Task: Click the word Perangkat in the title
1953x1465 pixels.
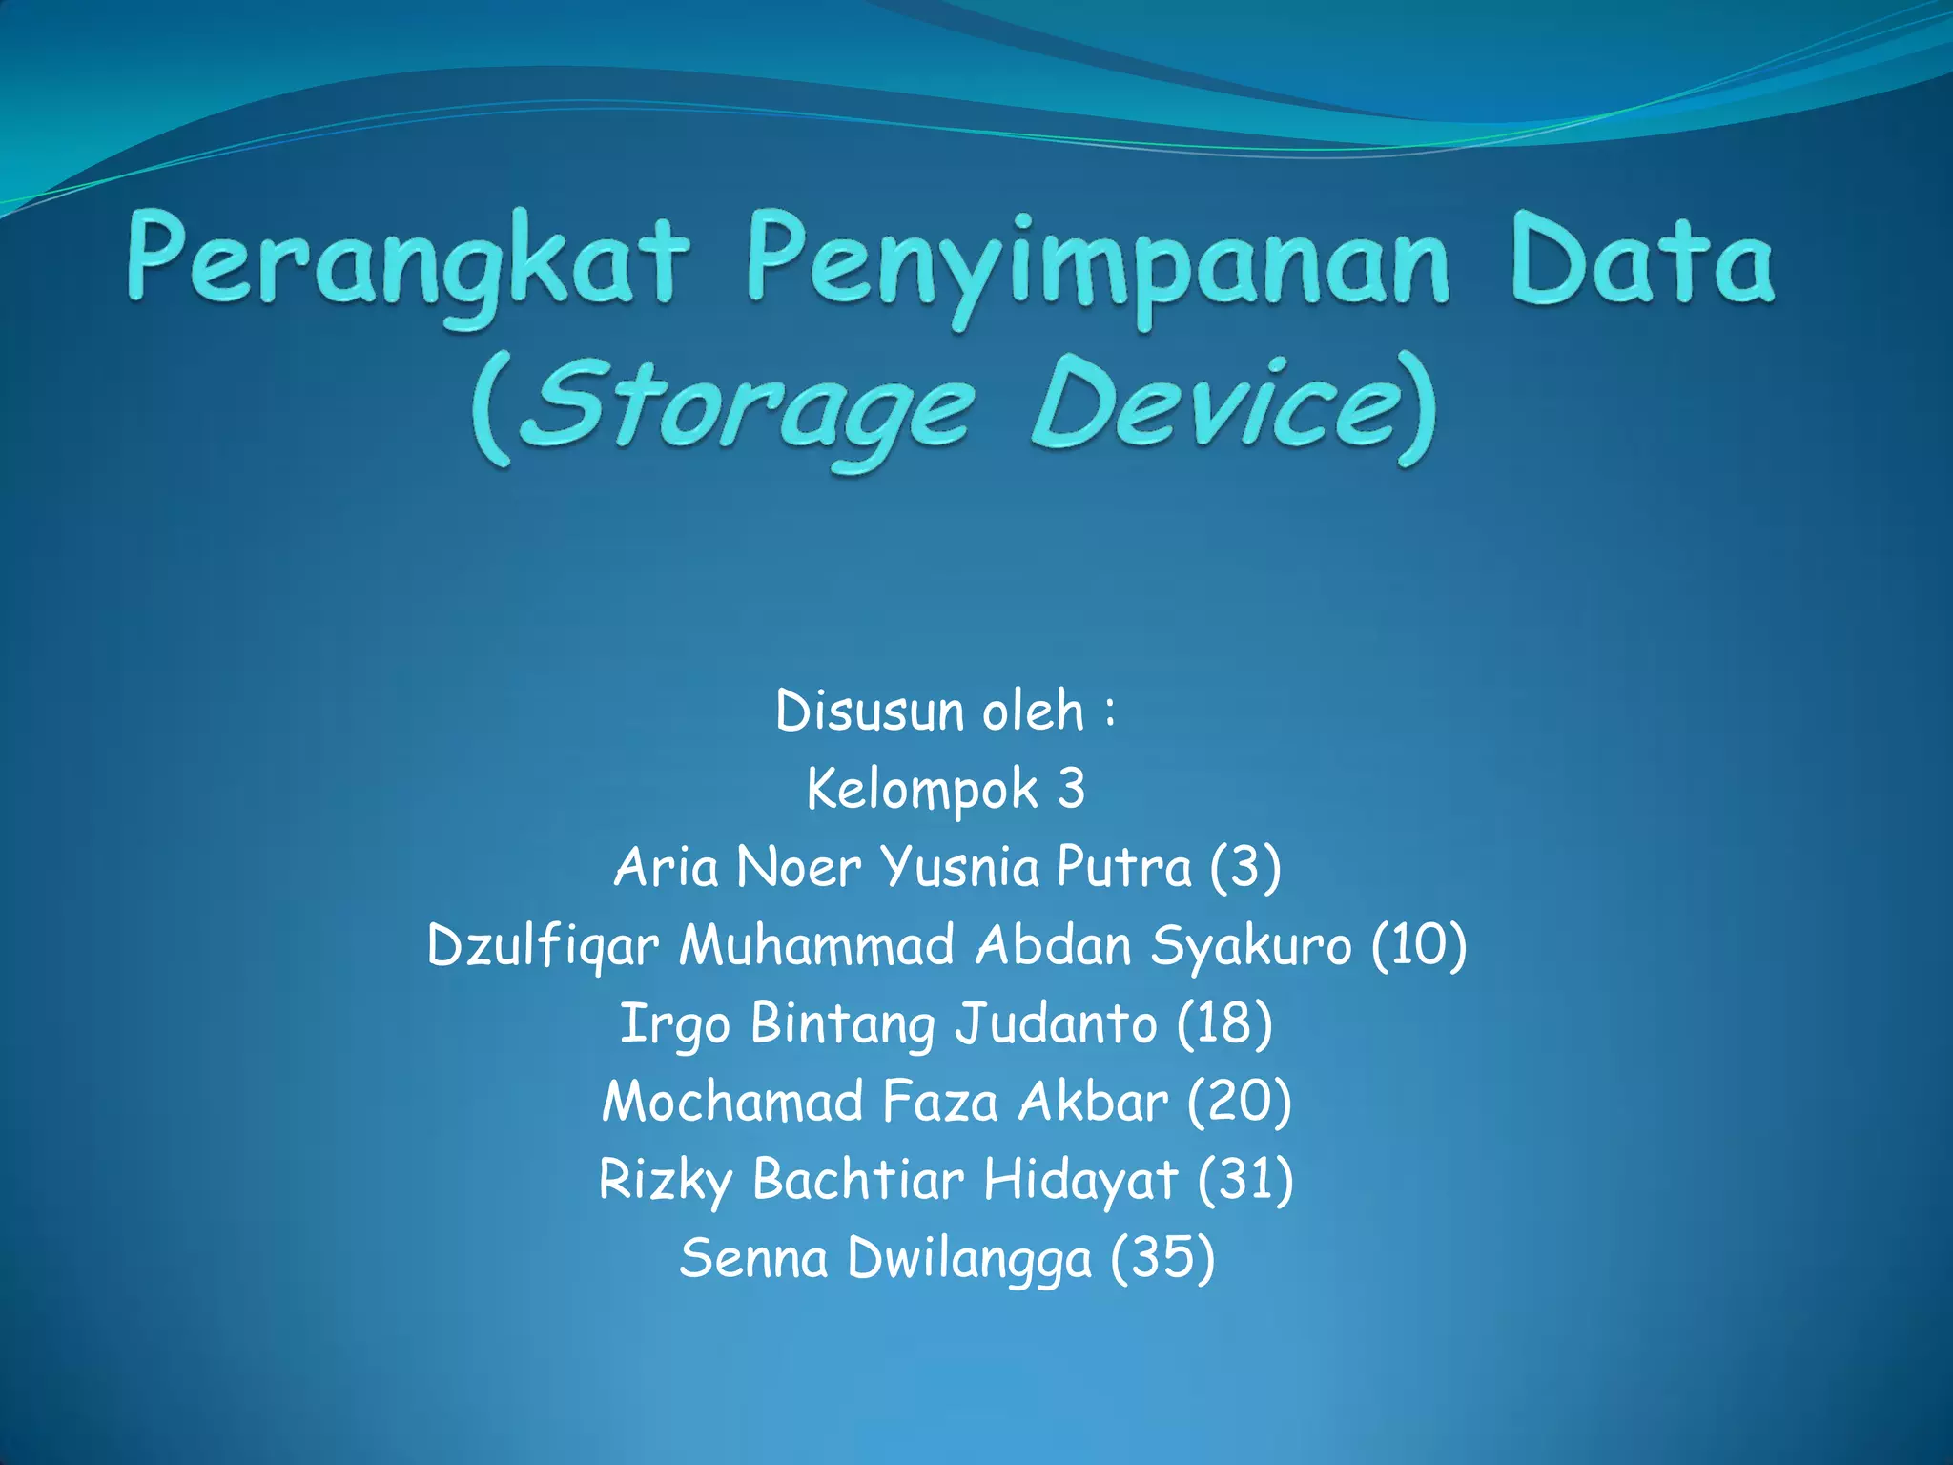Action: tap(407, 261)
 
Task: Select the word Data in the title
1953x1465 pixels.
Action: tap(1641, 259)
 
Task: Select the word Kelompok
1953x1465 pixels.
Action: tap(921, 790)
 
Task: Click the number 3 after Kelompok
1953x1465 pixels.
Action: tap(1071, 790)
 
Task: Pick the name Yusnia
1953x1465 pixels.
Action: tap(959, 868)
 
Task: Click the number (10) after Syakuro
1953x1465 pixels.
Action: tap(1419, 945)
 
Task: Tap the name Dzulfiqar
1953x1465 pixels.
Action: tap(543, 947)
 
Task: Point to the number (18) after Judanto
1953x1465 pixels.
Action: tap(1224, 1023)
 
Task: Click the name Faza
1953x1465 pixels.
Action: tap(940, 1102)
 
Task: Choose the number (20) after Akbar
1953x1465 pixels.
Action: tap(1239, 1102)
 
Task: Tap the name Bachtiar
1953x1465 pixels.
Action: tap(858, 1180)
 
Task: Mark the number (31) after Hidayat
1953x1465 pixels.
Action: tap(1245, 1180)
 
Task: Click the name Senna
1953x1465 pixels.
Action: tap(753, 1258)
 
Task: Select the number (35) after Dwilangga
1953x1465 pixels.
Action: tap(1162, 1258)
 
